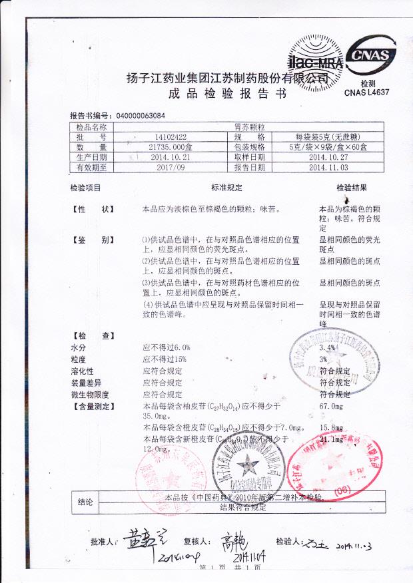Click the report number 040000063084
click(x=141, y=115)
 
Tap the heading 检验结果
click(x=351, y=188)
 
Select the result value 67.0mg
click(x=331, y=405)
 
